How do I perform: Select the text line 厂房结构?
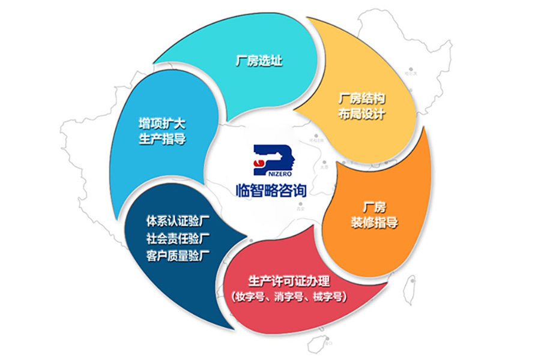[361, 98]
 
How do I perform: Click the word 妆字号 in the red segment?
[249, 296]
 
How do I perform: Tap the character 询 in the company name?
[298, 191]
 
